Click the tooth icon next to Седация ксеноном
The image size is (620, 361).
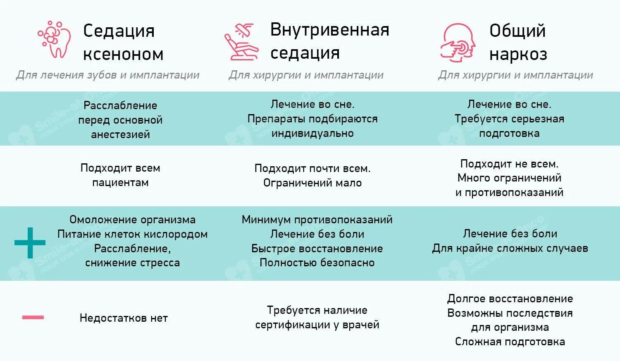pyautogui.click(x=54, y=39)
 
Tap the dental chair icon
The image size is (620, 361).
pyautogui.click(x=241, y=41)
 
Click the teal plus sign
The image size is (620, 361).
pyautogui.click(x=30, y=243)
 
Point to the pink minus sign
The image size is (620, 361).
pyautogui.click(x=33, y=318)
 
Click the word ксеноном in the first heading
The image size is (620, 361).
pyautogui.click(x=123, y=54)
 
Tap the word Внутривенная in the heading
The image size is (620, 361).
pyautogui.click(x=329, y=30)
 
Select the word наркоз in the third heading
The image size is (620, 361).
pyautogui.click(x=518, y=54)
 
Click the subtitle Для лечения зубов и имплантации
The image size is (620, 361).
pyautogui.click(x=107, y=75)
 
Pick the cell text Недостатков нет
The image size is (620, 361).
pyautogui.click(x=124, y=318)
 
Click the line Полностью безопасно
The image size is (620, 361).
pyautogui.click(x=317, y=263)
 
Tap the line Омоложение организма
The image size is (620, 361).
pyautogui.click(x=132, y=220)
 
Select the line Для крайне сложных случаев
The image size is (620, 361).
pyautogui.click(x=510, y=248)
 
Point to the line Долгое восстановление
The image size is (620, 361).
pyautogui.click(x=510, y=299)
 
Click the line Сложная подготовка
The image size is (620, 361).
pyautogui.click(x=510, y=342)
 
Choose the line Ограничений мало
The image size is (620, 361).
pyautogui.click(x=312, y=183)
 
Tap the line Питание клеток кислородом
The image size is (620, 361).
pyautogui.click(x=132, y=234)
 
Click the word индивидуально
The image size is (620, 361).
pyautogui.click(x=312, y=133)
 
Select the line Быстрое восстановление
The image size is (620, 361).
pyautogui.click(x=317, y=249)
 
